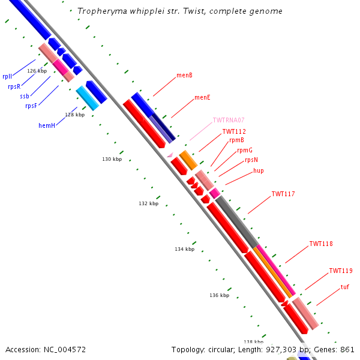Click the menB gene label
click(x=184, y=76)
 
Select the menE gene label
click(x=202, y=97)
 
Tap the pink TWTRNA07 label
click(x=229, y=120)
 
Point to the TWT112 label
click(x=234, y=131)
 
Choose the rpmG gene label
click(x=245, y=150)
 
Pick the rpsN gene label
click(x=251, y=160)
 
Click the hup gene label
click(x=259, y=170)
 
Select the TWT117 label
click(x=283, y=194)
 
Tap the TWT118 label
click(x=321, y=244)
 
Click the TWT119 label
click(x=341, y=271)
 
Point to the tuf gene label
click(x=344, y=287)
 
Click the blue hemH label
click(x=47, y=125)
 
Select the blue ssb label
click(x=24, y=96)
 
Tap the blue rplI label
click(x=7, y=76)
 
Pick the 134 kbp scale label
click(x=185, y=249)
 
